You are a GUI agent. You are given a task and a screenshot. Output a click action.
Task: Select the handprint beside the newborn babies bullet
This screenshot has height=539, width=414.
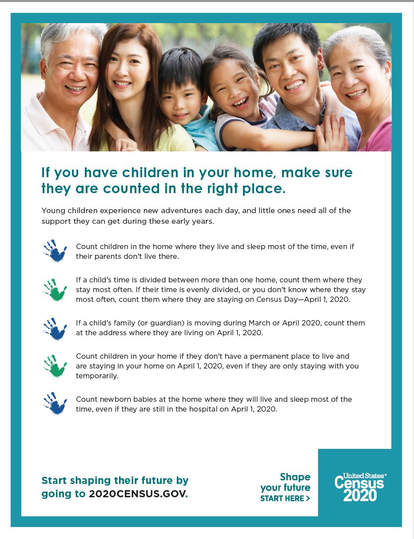click(55, 404)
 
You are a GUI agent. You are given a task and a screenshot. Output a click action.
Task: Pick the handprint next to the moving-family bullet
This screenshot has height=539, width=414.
click(55, 329)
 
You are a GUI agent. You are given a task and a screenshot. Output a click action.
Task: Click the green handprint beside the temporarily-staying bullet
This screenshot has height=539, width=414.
click(55, 366)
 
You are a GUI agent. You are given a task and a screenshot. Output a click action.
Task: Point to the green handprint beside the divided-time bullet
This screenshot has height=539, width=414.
click(55, 290)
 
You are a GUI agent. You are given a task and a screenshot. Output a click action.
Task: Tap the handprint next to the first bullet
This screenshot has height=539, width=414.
click(55, 251)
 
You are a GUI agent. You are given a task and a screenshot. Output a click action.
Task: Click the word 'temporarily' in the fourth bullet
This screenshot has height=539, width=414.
click(97, 376)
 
